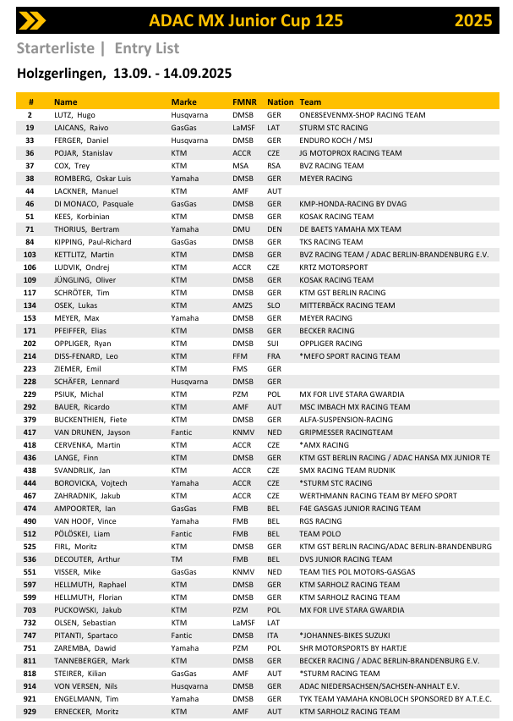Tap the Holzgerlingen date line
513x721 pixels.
point(124,74)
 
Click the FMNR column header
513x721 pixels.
point(243,102)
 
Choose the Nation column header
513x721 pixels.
point(280,102)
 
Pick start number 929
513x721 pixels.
point(30,711)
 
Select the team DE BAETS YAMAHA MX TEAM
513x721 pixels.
point(350,229)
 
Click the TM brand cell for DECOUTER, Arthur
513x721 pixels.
point(176,559)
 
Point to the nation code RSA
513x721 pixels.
point(274,166)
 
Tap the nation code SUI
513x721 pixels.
point(273,344)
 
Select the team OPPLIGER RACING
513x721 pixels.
point(330,344)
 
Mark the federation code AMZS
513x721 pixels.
point(243,305)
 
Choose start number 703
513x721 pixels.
point(30,609)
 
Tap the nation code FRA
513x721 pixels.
point(274,356)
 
